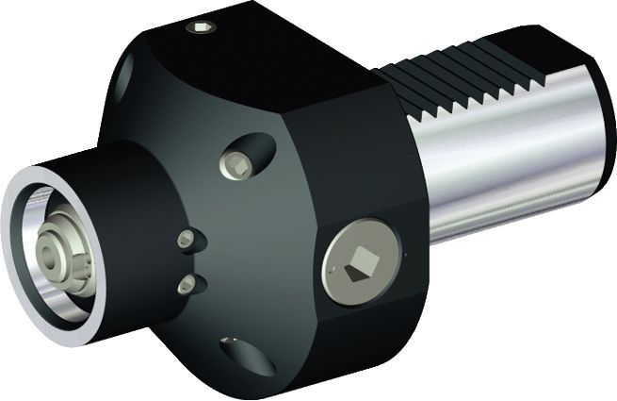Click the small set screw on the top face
[201, 27]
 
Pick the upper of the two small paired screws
[187, 239]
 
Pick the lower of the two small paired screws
[187, 283]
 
